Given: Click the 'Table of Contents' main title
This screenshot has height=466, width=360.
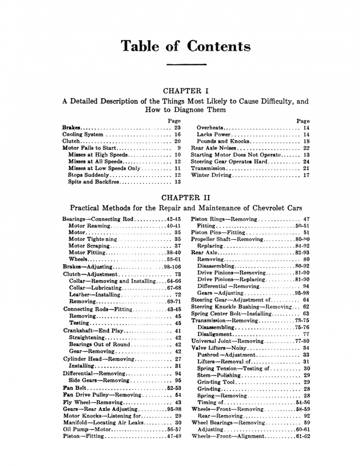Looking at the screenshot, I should pos(186,46).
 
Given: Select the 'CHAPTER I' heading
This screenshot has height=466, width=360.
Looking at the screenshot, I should pos(186,91).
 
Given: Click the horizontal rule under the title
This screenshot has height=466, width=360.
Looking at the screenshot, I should pos(186,64).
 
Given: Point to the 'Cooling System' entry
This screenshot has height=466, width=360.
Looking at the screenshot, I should pos(83,134).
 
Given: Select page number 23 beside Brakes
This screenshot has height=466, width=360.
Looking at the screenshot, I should pos(177,127).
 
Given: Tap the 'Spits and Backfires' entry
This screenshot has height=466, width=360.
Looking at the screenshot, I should pos(94,182).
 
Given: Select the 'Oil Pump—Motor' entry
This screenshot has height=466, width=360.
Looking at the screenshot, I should pos(87,429).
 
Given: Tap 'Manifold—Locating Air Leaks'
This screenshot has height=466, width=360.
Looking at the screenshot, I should pos(103,422).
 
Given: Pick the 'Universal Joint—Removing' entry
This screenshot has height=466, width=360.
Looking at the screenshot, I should pos(227,341).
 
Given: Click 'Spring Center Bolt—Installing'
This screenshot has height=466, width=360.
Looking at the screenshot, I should pos(231,313).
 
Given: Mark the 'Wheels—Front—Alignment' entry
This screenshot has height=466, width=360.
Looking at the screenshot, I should pos(228,436).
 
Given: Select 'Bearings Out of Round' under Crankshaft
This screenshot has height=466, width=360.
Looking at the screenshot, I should pos(99,344).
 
